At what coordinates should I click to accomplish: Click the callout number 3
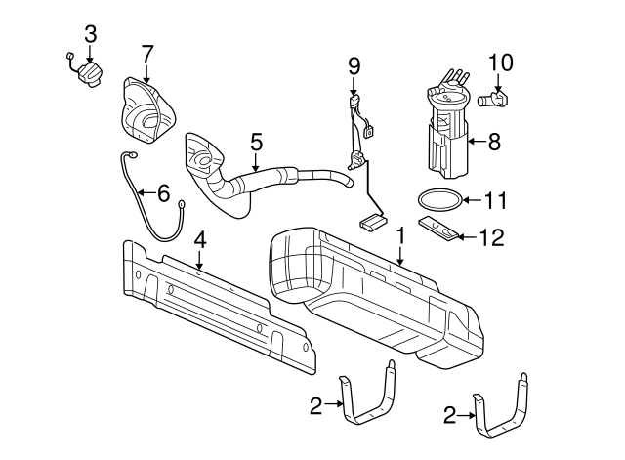(x=91, y=34)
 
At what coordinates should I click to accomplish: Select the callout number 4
(x=199, y=238)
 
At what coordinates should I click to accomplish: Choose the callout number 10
(x=500, y=63)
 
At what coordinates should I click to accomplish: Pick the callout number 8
(x=493, y=143)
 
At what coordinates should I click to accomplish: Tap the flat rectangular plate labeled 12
(x=440, y=230)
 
